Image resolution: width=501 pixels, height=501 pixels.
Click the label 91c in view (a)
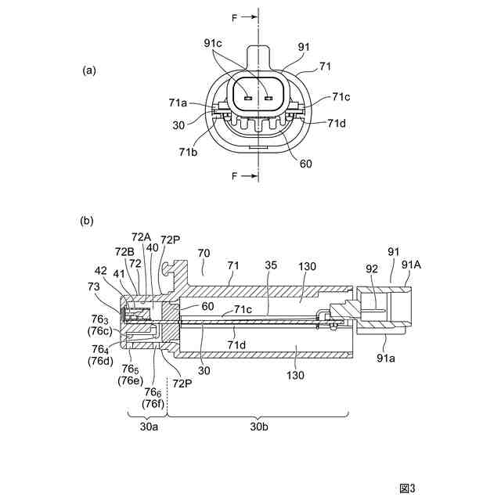click(x=213, y=43)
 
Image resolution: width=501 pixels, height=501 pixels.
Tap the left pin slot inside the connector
click(x=248, y=98)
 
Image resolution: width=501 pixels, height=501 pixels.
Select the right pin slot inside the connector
click(x=269, y=98)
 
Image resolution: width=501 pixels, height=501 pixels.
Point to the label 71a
click(x=178, y=103)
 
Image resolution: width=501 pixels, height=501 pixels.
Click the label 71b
click(x=188, y=152)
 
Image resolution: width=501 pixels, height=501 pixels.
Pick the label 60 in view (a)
click(x=306, y=164)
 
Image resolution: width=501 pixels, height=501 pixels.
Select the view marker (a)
click(x=88, y=70)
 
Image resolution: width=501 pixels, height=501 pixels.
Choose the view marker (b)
click(x=87, y=221)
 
